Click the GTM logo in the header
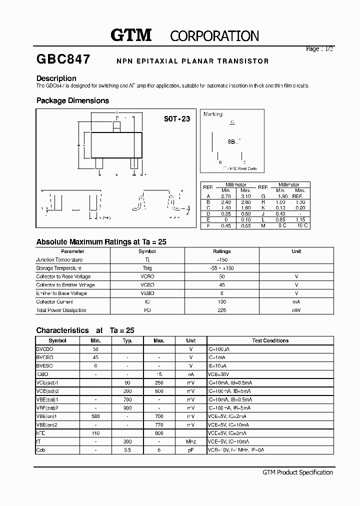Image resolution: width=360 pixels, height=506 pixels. (130, 35)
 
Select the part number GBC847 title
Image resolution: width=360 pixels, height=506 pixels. (63, 60)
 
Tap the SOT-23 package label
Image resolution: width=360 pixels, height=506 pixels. (177, 119)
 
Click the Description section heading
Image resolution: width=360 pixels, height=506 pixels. (56, 78)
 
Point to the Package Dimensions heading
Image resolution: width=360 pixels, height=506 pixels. (72, 100)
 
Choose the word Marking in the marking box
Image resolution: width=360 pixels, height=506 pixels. (213, 114)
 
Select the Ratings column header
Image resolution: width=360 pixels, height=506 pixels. (222, 251)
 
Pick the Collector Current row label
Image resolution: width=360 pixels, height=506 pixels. (54, 302)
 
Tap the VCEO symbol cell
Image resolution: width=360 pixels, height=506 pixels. (147, 285)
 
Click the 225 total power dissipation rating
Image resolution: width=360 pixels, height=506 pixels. (222, 310)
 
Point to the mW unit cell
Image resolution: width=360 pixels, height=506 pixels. (296, 310)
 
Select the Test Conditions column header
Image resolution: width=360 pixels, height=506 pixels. (270, 340)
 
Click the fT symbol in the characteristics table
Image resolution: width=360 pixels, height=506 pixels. (38, 442)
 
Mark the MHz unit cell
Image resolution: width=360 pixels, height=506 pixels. (191, 442)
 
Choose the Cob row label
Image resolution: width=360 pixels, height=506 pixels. (40, 450)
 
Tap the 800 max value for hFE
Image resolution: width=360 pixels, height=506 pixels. (159, 433)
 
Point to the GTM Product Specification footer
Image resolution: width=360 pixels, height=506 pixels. (297, 472)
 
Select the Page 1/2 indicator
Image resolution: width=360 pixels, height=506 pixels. (319, 49)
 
